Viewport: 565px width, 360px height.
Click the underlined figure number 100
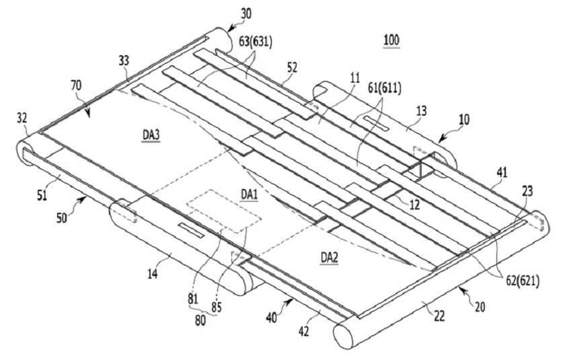[391, 41]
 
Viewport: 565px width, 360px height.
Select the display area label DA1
[250, 194]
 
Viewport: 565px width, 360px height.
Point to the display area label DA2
[330, 256]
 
